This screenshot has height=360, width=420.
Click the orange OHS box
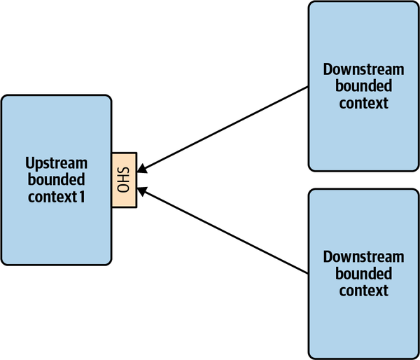pos(125,179)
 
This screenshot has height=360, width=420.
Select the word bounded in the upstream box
pos(56,180)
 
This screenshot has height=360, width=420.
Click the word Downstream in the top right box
pos(363,69)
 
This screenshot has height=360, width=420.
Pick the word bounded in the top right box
pos(363,86)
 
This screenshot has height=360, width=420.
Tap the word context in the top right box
pos(363,103)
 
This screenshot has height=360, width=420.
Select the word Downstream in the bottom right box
pos(363,257)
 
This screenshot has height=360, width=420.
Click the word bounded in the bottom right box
pos(363,274)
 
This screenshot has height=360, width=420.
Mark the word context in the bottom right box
pos(363,290)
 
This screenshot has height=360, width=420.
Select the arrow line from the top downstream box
pos(224,129)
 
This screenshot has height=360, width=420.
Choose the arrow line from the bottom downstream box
pos(224,230)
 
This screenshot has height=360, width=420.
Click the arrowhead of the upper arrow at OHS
pos(142,168)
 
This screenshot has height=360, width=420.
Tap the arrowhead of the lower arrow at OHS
pos(142,190)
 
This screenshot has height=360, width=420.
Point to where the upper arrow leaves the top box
pos(308,88)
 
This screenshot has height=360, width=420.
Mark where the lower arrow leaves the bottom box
pos(308,273)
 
